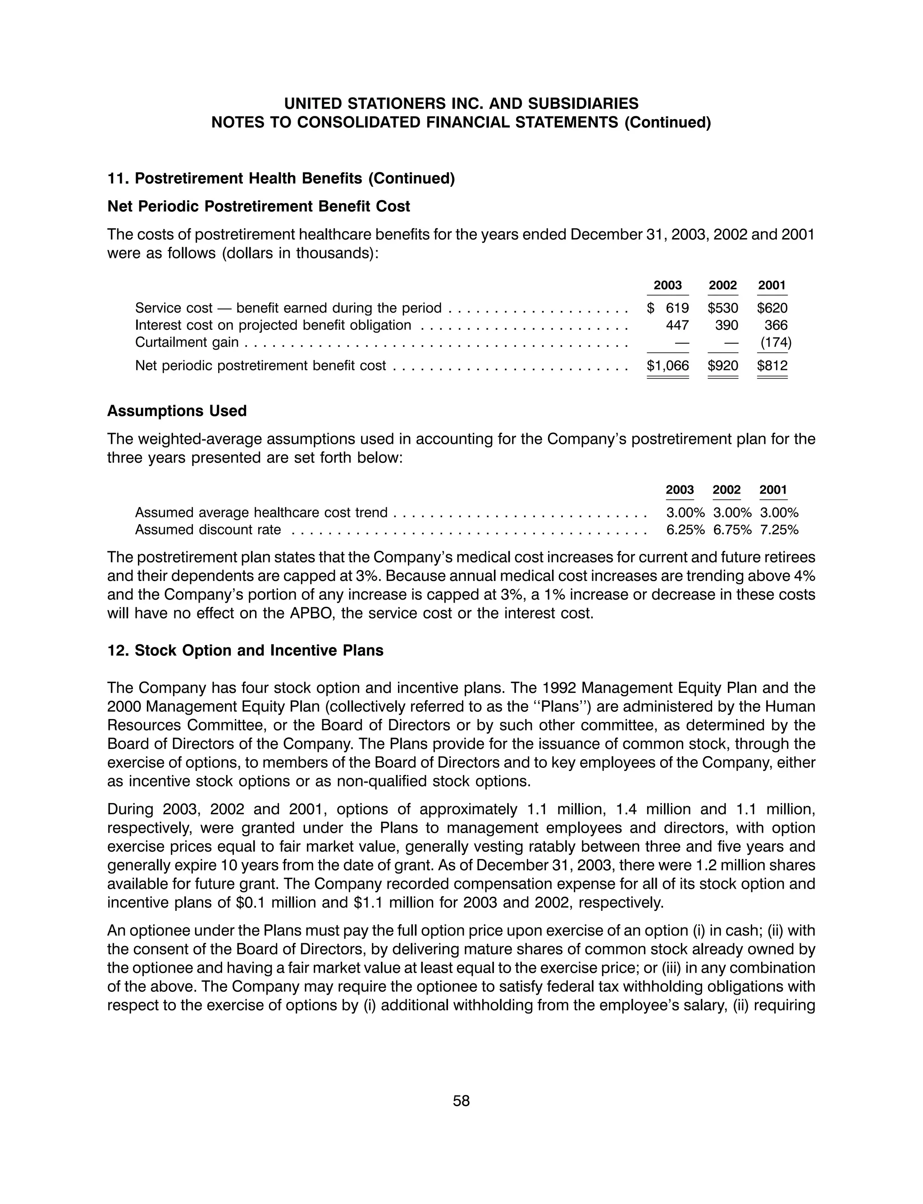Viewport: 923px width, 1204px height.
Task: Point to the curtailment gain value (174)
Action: click(x=775, y=342)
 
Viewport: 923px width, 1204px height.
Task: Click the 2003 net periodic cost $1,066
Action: click(x=667, y=365)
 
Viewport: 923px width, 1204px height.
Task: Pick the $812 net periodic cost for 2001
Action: click(x=772, y=365)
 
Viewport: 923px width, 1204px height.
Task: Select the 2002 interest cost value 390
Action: click(x=727, y=325)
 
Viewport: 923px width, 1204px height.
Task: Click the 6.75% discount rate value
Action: click(x=732, y=530)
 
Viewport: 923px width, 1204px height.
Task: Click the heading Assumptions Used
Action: click(x=177, y=411)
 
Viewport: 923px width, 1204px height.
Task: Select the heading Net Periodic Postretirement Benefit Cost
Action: click(x=258, y=206)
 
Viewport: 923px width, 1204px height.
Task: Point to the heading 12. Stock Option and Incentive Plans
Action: click(x=245, y=650)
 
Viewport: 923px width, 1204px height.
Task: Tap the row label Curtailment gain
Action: click(x=187, y=342)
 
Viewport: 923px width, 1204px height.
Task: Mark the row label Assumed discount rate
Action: click(x=208, y=530)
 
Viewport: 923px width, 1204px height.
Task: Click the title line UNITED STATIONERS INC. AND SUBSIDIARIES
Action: click(x=461, y=103)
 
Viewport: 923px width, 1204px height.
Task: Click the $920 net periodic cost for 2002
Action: click(x=722, y=365)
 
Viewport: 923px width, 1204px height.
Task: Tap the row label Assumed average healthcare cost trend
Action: click(x=261, y=512)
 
